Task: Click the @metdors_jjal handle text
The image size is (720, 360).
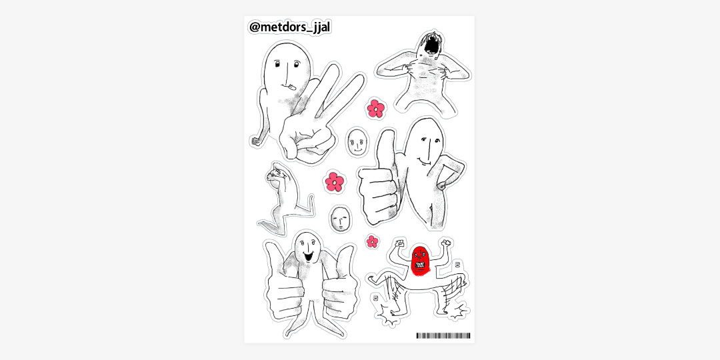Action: tap(289, 27)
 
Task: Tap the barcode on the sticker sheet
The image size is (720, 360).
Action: tap(443, 335)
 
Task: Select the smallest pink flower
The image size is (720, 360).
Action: tap(373, 241)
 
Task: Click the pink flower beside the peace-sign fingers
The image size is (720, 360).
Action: tap(375, 109)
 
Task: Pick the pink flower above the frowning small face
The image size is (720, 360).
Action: tap(334, 182)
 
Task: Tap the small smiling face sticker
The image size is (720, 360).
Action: tap(357, 141)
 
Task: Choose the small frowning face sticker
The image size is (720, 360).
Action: tap(340, 219)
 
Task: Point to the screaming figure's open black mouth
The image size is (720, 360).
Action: tap(433, 45)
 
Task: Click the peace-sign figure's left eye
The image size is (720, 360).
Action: tap(277, 64)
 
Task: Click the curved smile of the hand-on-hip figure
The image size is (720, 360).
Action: tap(423, 159)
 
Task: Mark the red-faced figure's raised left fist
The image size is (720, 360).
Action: tap(399, 243)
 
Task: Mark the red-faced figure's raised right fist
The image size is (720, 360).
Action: tap(445, 243)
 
